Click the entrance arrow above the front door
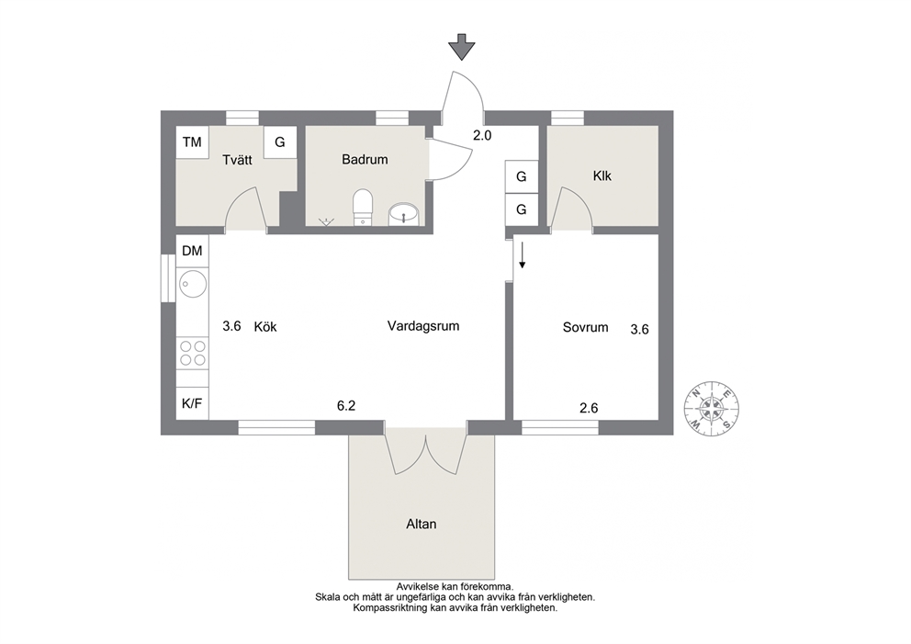coord(462,47)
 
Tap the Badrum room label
coord(365,159)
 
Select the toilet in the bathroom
coord(363,207)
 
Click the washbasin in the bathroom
coord(403,214)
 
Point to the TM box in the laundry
coord(192,141)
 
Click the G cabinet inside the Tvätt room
coord(280,141)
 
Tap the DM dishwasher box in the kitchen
coord(192,251)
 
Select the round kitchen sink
coord(192,284)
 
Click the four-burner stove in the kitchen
coord(193,354)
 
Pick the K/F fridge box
coord(192,403)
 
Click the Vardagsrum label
coord(423,326)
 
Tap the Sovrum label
coord(586,327)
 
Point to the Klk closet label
coord(602,175)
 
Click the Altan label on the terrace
coord(422,525)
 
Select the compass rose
coord(712,408)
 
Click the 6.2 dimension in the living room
coord(346,406)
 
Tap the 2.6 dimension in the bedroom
coord(590,408)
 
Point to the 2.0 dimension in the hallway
coord(482,135)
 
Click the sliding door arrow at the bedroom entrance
coord(523,255)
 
